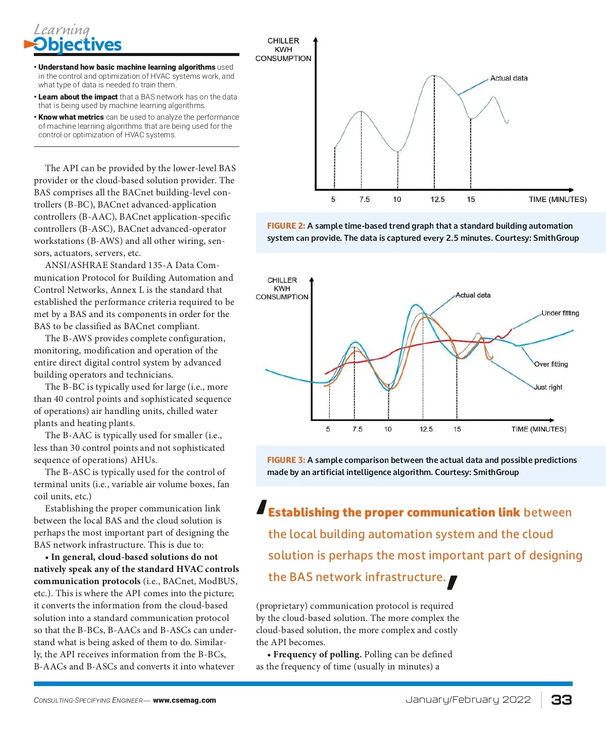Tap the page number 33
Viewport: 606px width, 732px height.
pyautogui.click(x=561, y=700)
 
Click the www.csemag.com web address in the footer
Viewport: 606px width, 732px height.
pyautogui.click(x=184, y=700)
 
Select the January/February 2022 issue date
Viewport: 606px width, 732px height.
pyautogui.click(x=468, y=700)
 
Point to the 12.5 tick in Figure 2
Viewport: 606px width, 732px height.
pyautogui.click(x=437, y=199)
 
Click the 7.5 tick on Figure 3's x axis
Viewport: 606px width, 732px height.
pyautogui.click(x=358, y=429)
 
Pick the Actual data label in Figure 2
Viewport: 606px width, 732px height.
pyautogui.click(x=509, y=78)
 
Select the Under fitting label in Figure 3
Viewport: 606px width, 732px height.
pyautogui.click(x=560, y=313)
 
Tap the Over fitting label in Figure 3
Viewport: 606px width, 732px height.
pyautogui.click(x=551, y=364)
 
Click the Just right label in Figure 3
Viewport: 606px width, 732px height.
pyautogui.click(x=548, y=387)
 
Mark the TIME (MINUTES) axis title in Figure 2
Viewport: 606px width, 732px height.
pyautogui.click(x=558, y=199)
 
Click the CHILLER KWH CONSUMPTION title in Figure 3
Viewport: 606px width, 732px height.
pyautogui.click(x=282, y=288)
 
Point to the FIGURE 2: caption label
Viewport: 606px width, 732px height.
pyautogui.click(x=286, y=226)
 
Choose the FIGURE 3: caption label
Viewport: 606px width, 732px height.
pyautogui.click(x=286, y=460)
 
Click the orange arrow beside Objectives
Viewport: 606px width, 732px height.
pyautogui.click(x=29, y=45)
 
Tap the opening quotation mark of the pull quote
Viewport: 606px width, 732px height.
pyautogui.click(x=261, y=507)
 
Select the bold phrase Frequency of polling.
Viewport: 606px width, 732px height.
pyautogui.click(x=317, y=654)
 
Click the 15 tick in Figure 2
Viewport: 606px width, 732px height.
pyautogui.click(x=471, y=199)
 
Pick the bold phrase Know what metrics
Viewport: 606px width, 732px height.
pyautogui.click(x=71, y=117)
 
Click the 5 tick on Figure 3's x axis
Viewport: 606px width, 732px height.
pyautogui.click(x=328, y=429)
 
